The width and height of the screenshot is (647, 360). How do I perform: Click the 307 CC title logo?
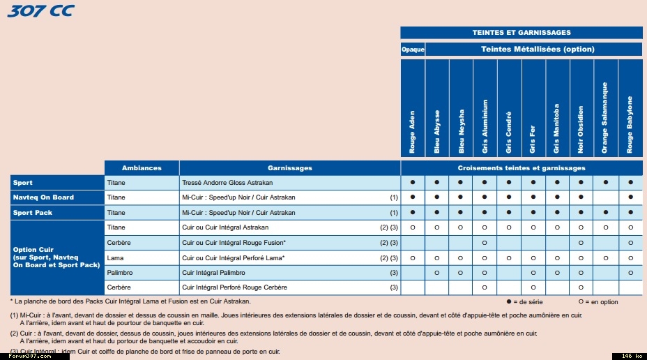[x=40, y=10]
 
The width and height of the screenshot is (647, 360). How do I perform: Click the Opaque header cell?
[x=413, y=50]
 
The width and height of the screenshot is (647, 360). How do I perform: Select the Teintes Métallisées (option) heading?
[x=533, y=50]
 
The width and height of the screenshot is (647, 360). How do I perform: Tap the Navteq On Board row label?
[x=43, y=197]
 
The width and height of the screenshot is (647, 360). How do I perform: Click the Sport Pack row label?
[x=33, y=213]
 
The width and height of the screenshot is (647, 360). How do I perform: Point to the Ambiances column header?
[x=142, y=168]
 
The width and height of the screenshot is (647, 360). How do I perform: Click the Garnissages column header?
[x=289, y=168]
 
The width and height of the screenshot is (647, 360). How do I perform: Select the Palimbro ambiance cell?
[x=120, y=273]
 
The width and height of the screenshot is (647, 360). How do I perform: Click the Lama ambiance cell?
[x=115, y=258]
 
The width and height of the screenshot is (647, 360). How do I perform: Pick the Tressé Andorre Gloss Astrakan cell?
[x=227, y=182]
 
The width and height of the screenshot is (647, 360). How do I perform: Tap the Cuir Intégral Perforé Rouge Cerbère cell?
[x=235, y=288]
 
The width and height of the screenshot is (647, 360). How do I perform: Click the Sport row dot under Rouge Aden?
[x=413, y=182]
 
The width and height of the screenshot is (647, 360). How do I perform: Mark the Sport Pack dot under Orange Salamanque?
[x=605, y=213]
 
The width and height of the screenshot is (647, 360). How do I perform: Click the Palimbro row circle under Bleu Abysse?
[x=437, y=273]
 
